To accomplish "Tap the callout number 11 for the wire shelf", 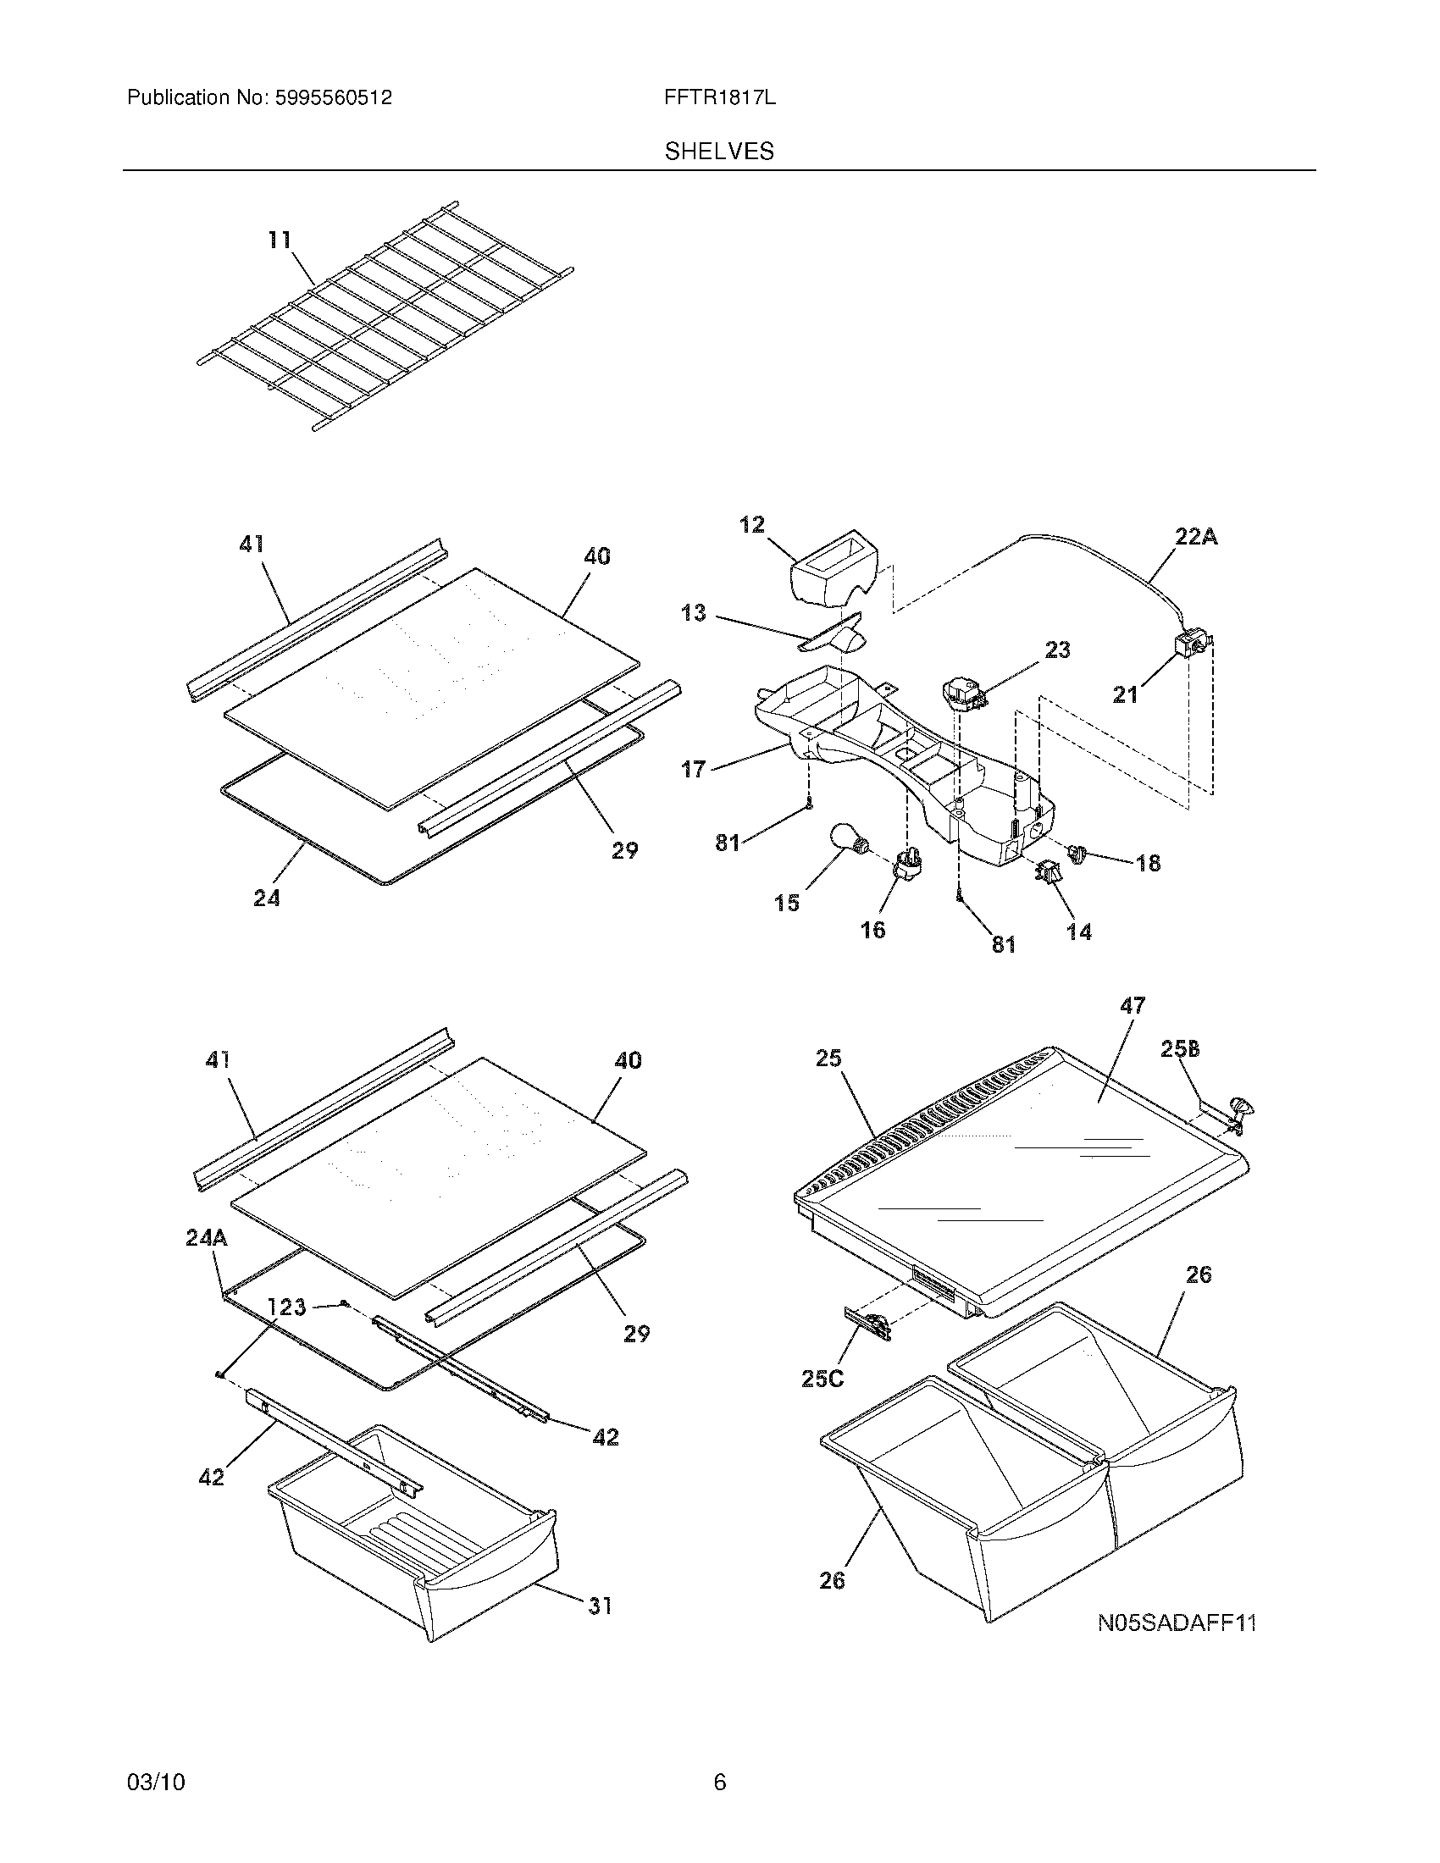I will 279,240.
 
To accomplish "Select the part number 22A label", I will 1196,537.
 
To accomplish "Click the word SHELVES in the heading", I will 719,152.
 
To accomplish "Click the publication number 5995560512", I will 333,98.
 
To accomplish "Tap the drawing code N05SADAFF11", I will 1177,1623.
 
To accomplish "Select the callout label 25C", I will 822,1378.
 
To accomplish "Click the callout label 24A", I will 207,1238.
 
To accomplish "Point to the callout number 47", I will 1132,1006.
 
